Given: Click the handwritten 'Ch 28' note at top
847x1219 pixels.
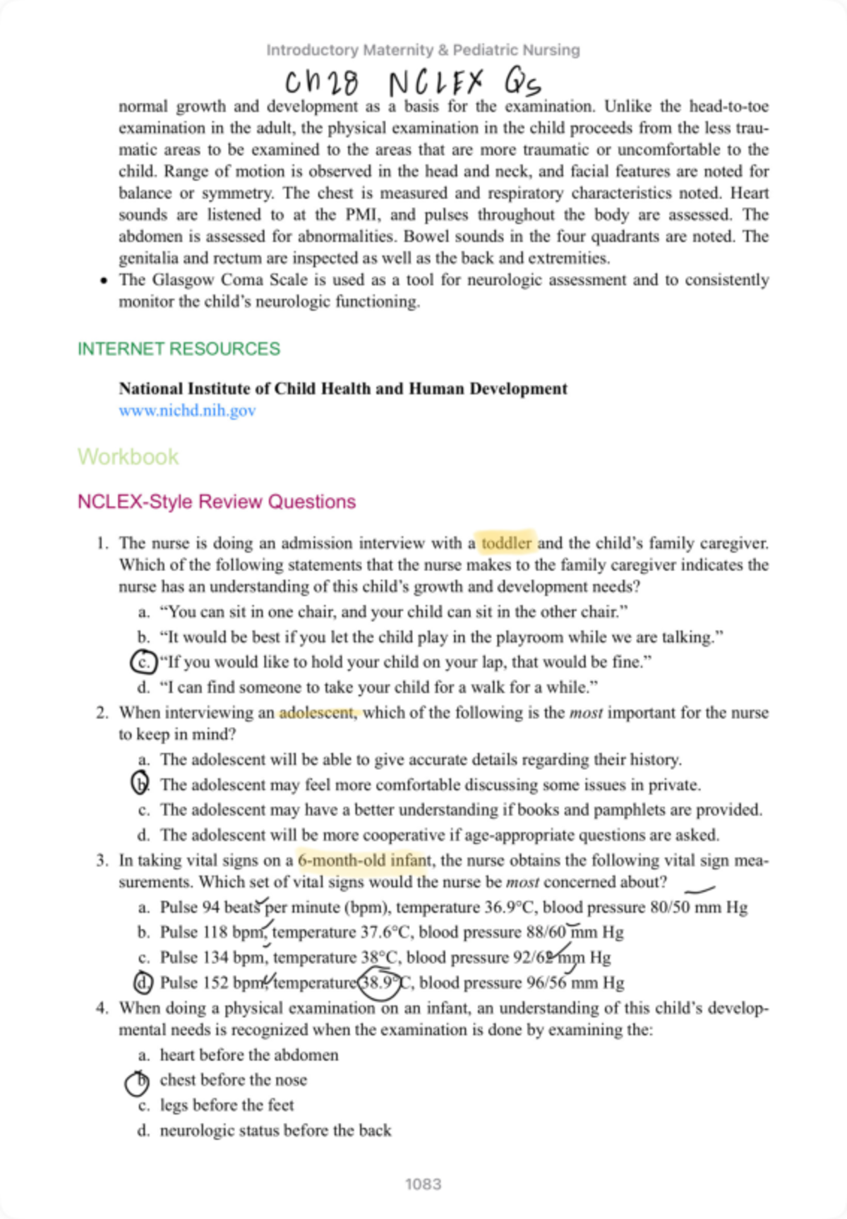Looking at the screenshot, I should [x=322, y=83].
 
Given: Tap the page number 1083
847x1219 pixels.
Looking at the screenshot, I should [x=423, y=1184].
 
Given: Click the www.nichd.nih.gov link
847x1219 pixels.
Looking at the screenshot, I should [x=187, y=411].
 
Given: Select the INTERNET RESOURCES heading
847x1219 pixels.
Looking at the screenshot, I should [x=179, y=349].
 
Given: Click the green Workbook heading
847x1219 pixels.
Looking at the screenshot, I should [x=128, y=457].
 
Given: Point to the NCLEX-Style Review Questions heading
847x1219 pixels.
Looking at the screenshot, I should [x=217, y=502].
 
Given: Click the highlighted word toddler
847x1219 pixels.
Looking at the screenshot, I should [x=506, y=543].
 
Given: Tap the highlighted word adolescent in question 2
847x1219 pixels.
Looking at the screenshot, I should [x=318, y=713].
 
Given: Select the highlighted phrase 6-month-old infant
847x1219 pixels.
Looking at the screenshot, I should [x=364, y=860].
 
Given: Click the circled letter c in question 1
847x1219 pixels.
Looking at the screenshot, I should [x=143, y=662].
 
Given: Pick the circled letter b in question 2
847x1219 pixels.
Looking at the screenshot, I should [x=141, y=784].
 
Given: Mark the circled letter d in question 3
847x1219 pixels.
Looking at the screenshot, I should [x=143, y=983].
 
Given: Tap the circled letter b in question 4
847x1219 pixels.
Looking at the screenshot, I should [x=138, y=1081].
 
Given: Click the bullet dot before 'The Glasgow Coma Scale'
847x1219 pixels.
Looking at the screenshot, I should [x=104, y=281].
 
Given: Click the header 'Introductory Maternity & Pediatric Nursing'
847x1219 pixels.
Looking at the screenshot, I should [x=423, y=50].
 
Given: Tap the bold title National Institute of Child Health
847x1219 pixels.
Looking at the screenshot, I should [x=342, y=389].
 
